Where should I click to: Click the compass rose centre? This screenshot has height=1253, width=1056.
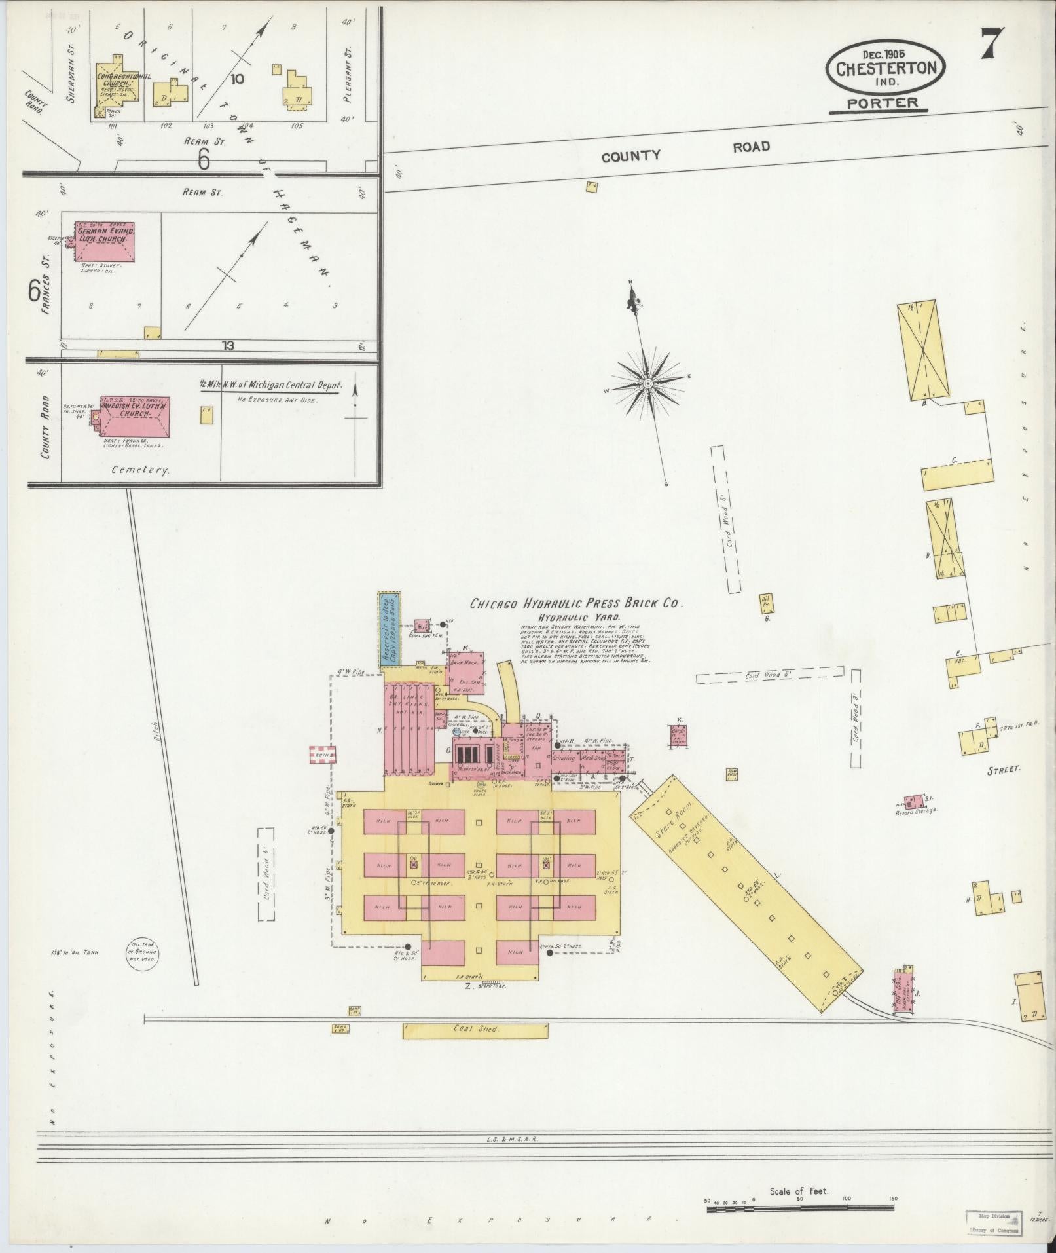click(647, 383)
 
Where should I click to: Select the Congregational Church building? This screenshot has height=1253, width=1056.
click(117, 90)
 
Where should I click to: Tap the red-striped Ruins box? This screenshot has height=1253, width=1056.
click(323, 755)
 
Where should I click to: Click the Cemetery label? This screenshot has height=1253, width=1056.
click(141, 470)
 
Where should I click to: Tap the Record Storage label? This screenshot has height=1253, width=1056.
click(917, 810)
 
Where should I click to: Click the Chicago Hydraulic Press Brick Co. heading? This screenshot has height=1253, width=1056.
click(577, 604)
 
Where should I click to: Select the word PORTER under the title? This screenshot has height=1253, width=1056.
click(882, 103)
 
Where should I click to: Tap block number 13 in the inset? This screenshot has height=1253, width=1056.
click(227, 345)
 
